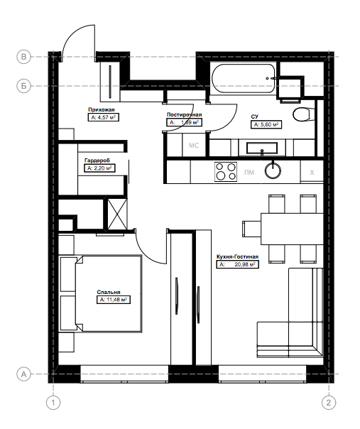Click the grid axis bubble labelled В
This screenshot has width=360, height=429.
pyautogui.click(x=24, y=57)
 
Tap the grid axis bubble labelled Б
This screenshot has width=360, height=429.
pyautogui.click(x=24, y=86)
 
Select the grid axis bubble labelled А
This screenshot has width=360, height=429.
pyautogui.click(x=24, y=374)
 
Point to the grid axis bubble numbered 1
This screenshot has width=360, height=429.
pyautogui.click(x=53, y=403)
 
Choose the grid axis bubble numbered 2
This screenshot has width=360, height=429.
pyautogui.click(x=328, y=403)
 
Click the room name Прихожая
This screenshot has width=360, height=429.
pyautogui.click(x=102, y=109)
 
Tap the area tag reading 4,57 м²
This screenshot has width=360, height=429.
pyautogui.click(x=104, y=117)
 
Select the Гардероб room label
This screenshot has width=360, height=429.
pyautogui.click(x=97, y=161)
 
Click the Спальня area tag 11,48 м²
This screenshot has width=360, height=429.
pyautogui.click(x=114, y=300)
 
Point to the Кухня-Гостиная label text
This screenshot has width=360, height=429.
pyautogui.click(x=237, y=257)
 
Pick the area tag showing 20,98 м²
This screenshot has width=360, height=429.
pyautogui.click(x=237, y=264)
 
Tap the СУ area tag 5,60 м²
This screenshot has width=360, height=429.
pyautogui.click(x=266, y=124)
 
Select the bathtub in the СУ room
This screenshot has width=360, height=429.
pyautogui.click(x=244, y=79)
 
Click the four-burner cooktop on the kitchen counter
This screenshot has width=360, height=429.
pyautogui.click(x=226, y=172)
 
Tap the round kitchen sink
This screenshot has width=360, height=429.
pyautogui.click(x=273, y=170)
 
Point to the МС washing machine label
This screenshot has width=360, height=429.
pyautogui.click(x=194, y=146)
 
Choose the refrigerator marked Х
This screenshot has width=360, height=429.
pyautogui.click(x=312, y=172)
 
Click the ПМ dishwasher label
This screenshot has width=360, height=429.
pyautogui.click(x=249, y=173)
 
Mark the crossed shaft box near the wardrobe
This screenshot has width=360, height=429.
pyautogui.click(x=117, y=214)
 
